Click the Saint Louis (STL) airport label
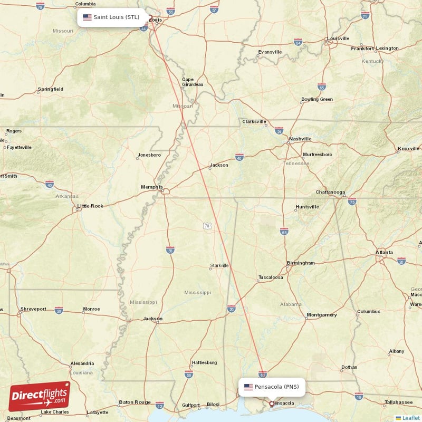111,17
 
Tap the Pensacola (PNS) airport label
272,387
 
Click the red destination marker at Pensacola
272,404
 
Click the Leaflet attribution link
408,418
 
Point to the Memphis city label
151,187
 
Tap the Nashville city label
300,139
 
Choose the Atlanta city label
384,253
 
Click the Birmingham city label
300,263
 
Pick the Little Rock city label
90,206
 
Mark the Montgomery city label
321,315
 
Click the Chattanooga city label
330,192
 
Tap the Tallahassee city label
399,402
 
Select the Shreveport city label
34,309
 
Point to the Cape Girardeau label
191,82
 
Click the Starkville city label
219,265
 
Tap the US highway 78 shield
207,226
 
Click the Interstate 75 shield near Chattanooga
352,202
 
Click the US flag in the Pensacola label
248,387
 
